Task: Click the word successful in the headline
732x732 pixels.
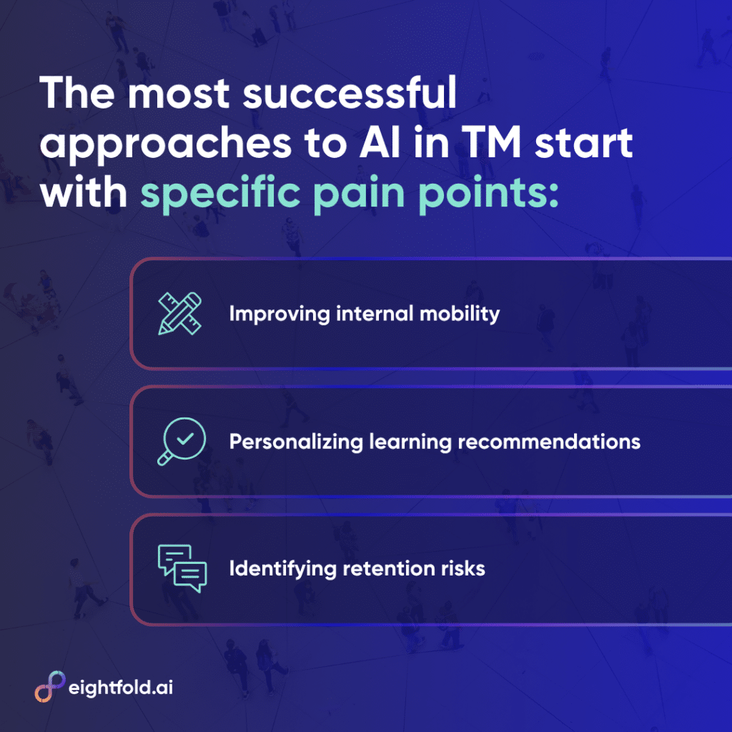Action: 349,93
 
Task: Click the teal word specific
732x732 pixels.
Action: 220,193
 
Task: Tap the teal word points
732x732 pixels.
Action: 488,193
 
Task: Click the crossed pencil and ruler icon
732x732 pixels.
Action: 179,313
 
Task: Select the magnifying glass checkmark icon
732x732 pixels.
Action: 182,441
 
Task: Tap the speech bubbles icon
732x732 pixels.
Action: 182,568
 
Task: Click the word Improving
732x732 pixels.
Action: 280,315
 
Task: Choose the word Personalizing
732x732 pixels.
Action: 296,442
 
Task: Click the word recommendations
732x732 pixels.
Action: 549,442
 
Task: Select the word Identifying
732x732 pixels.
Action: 282,569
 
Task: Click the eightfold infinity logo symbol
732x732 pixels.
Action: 50,686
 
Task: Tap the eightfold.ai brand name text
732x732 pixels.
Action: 121,688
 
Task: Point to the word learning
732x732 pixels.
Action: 410,442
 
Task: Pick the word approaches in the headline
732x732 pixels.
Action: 166,144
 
